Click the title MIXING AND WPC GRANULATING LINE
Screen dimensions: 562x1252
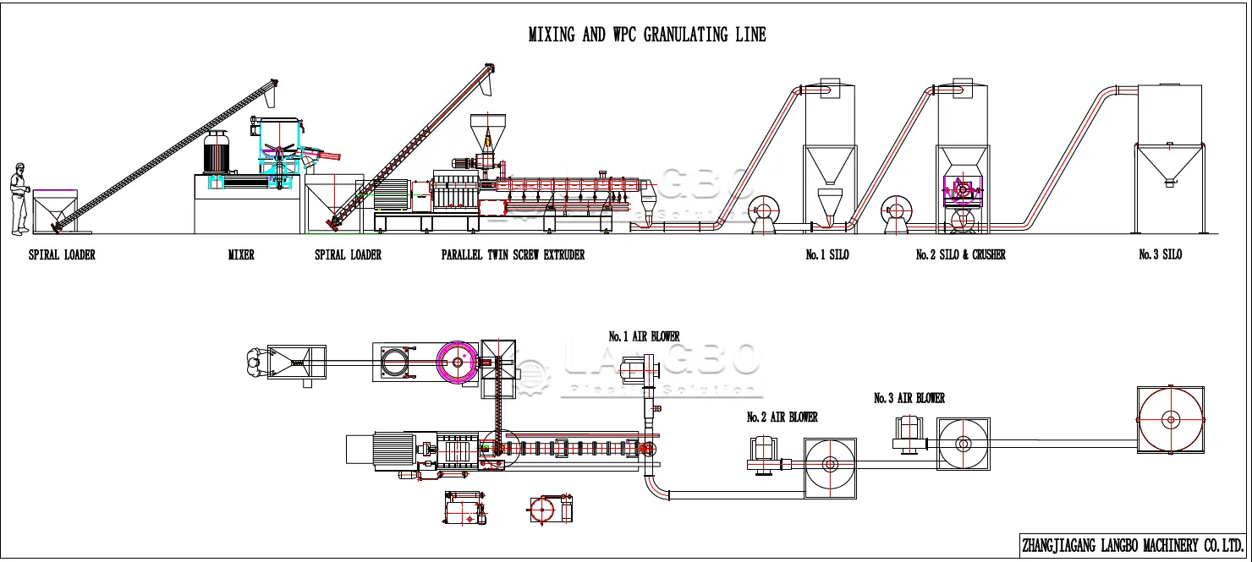(x=647, y=35)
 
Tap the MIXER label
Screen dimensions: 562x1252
(x=241, y=254)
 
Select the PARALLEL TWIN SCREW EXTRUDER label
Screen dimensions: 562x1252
(x=513, y=254)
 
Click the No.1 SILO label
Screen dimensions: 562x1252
(x=826, y=254)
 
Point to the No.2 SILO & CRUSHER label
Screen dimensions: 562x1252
(x=960, y=254)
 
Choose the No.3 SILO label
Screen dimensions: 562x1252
(x=1160, y=254)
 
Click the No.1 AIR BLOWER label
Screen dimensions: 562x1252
(x=644, y=336)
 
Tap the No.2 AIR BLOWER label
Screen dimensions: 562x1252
(x=782, y=417)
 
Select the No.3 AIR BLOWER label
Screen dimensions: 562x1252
(x=909, y=398)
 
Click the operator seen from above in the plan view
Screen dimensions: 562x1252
(x=254, y=363)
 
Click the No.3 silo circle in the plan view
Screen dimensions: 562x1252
(x=1171, y=418)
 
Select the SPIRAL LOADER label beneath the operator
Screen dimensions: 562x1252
(x=62, y=254)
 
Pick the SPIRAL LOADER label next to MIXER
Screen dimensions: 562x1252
(x=348, y=254)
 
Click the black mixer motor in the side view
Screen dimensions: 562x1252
(x=217, y=154)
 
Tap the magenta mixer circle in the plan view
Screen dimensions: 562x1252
(x=458, y=363)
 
